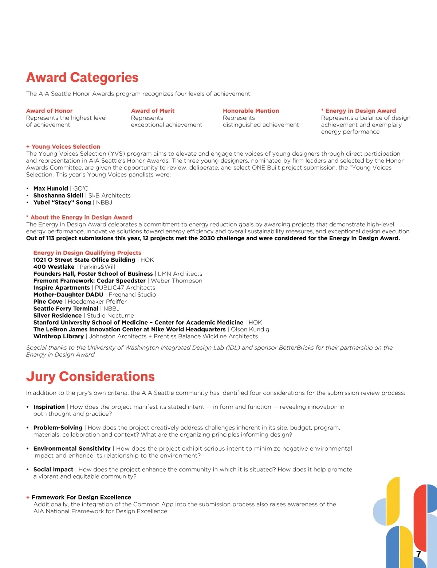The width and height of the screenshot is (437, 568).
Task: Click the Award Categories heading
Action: pos(82,78)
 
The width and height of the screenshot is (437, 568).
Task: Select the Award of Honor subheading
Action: pos(49,111)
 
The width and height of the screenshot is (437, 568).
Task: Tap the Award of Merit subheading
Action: pos(153,111)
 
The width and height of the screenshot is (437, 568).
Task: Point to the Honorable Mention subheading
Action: pos(251,111)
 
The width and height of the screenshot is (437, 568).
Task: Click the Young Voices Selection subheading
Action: pos(66,147)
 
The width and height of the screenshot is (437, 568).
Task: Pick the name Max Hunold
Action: pos(51,188)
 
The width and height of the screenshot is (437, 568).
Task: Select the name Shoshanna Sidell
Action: pos(58,195)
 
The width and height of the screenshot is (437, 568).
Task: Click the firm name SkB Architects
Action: pos(110,195)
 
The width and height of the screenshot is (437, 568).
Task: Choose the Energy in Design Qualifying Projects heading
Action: pos(87,253)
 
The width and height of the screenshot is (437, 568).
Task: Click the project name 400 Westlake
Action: pos(54,267)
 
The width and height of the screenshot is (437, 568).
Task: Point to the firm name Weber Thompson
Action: pos(177,281)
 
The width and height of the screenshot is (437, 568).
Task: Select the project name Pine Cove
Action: pos(48,301)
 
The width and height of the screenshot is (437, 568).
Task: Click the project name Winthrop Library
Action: pos(59,336)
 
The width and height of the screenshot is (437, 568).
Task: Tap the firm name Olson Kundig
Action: pos(250,330)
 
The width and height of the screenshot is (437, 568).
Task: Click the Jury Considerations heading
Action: pos(90,377)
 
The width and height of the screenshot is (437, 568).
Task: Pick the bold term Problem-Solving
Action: pos(58,428)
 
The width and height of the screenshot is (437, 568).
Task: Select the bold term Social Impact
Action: pos(53,470)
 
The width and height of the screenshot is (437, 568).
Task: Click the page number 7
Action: pos(418,554)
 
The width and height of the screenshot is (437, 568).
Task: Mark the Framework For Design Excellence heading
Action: pos(81,497)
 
